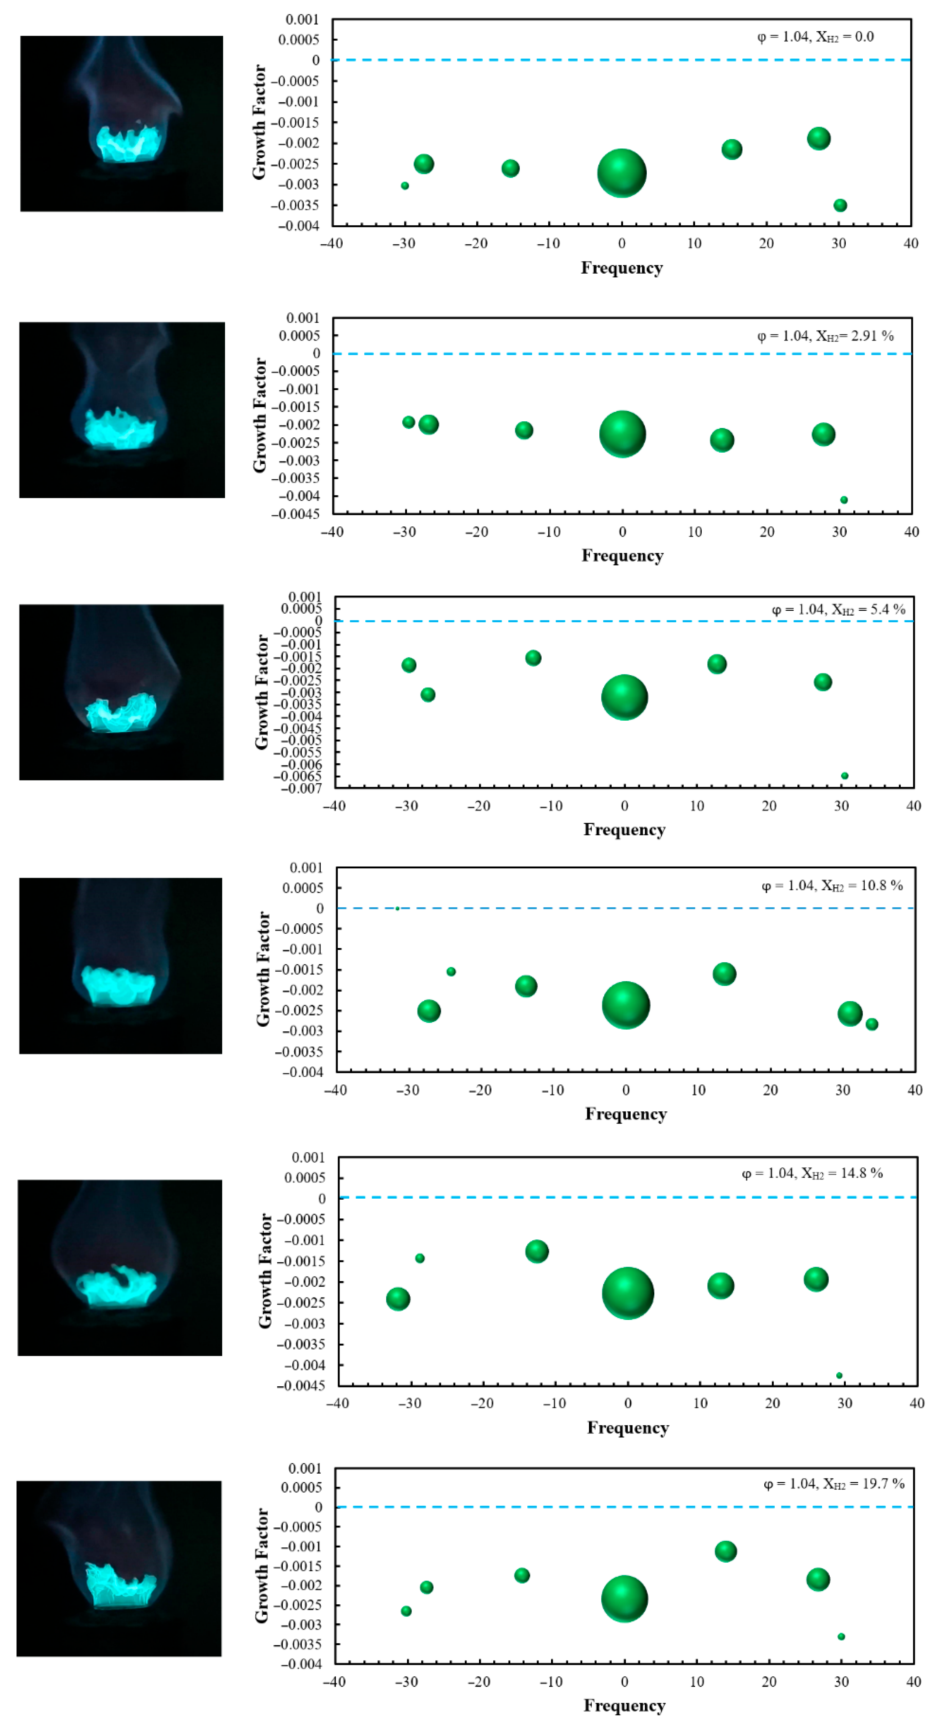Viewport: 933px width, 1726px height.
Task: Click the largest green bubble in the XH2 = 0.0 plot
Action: click(x=621, y=173)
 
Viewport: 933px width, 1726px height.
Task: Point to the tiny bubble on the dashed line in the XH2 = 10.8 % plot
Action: click(x=398, y=909)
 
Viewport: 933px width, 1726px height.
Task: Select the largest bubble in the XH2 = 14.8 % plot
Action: click(x=627, y=1293)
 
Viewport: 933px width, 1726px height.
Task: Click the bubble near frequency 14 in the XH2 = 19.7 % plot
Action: click(x=725, y=1550)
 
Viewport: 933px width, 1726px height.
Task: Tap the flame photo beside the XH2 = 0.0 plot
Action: click(x=121, y=124)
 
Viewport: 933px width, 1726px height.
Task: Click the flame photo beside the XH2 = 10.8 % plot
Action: click(x=121, y=965)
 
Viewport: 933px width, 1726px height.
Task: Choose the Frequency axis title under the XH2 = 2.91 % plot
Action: click(x=622, y=556)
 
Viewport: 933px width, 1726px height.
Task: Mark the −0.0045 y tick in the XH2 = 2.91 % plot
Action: click(x=296, y=514)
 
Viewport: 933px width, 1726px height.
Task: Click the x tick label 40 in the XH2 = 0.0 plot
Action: click(x=910, y=243)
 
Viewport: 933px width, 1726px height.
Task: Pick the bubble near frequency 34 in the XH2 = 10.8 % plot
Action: click(x=871, y=1024)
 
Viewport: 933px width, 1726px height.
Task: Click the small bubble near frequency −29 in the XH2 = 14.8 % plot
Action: click(x=420, y=1258)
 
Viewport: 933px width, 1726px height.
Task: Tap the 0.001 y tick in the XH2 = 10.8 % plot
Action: click(x=306, y=868)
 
